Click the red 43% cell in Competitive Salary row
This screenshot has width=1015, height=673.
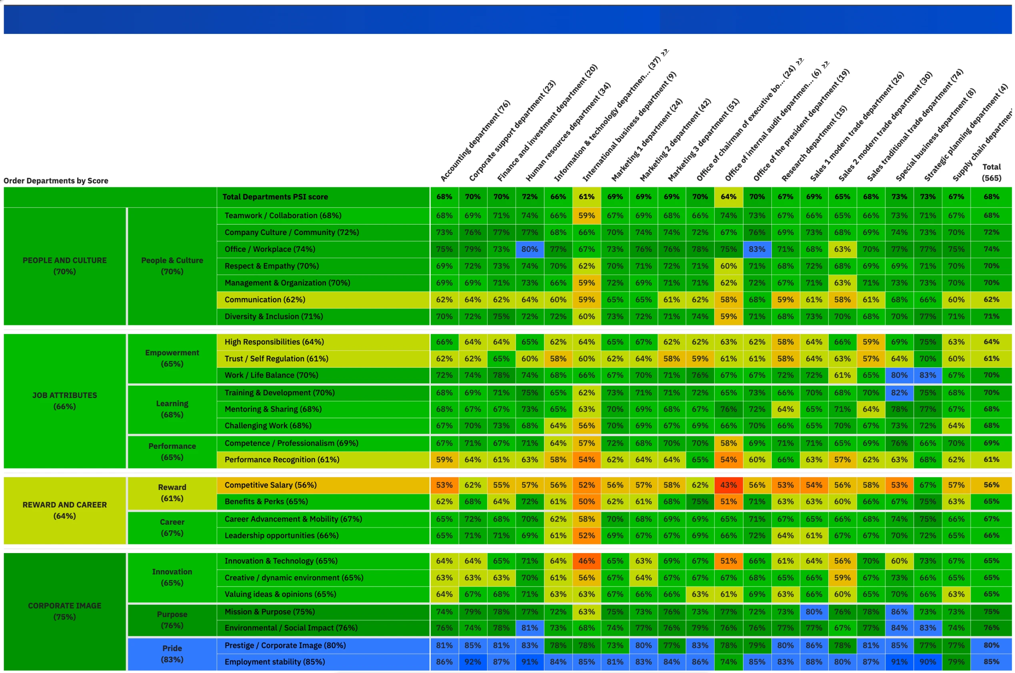[728, 485]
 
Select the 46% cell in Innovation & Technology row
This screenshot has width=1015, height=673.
[586, 561]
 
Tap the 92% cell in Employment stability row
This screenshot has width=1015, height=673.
[472, 662]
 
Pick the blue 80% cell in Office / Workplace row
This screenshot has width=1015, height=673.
[529, 249]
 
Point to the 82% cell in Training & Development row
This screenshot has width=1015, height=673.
[899, 393]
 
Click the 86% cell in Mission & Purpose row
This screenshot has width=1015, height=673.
[899, 611]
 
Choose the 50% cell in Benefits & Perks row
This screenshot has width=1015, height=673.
[586, 501]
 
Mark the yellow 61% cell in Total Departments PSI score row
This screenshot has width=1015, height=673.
[586, 197]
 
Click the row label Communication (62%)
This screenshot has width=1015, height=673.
[265, 300]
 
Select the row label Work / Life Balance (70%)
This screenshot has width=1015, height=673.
[271, 375]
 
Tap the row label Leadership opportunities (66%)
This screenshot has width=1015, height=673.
[282, 535]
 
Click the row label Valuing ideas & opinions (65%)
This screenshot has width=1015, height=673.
[280, 594]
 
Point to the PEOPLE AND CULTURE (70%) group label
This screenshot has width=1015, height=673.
[64, 266]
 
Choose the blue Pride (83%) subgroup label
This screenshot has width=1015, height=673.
[172, 654]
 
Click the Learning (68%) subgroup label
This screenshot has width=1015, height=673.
[172, 409]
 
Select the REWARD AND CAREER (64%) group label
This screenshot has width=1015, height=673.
[64, 510]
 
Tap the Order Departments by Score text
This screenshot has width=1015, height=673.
[56, 181]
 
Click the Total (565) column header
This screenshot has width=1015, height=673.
[991, 172]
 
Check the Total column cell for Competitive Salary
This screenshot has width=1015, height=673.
[991, 485]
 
